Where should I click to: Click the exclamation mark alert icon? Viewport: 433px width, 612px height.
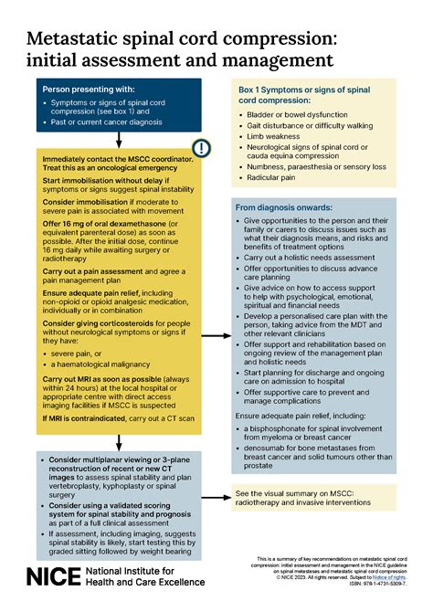[x=200, y=148]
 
